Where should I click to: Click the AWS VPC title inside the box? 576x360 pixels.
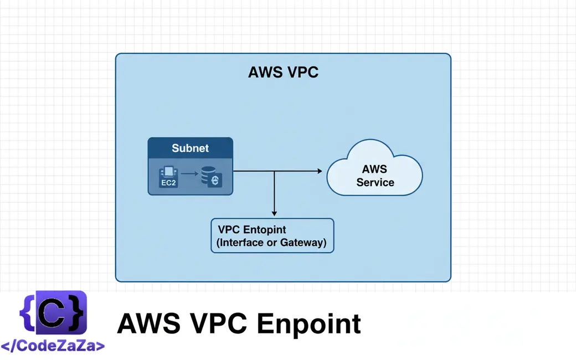click(283, 73)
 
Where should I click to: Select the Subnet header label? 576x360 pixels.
click(190, 148)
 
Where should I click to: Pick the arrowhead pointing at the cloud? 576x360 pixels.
click(319, 171)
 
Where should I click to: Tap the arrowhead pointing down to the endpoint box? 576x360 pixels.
click(274, 213)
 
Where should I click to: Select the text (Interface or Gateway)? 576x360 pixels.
click(271, 243)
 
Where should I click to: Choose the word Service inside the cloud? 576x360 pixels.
click(376, 182)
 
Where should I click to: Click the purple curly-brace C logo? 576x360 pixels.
click(53, 313)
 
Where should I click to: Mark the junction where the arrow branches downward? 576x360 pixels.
click(274, 172)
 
